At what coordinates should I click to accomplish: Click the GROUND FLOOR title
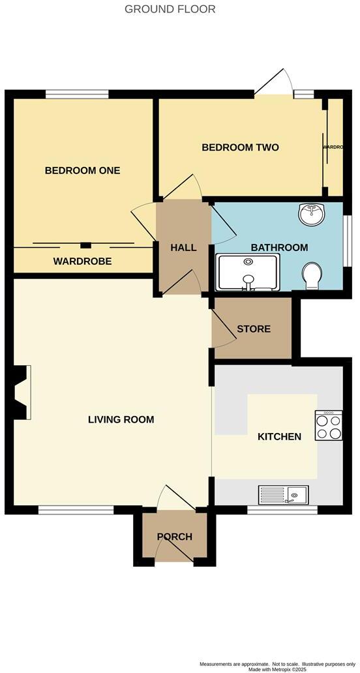pos(170,9)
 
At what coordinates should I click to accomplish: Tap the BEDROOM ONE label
pos(82,170)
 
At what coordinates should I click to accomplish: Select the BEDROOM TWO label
pos(240,147)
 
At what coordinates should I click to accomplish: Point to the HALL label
pos(183,248)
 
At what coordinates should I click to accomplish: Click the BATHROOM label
pos(279,248)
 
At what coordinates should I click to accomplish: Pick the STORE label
pos(254,329)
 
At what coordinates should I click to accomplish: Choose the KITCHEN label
pos(279,436)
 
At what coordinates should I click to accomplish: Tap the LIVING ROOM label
pos(121,419)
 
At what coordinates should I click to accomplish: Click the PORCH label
pos(175,537)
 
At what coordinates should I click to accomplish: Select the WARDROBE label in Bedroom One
pos(82,262)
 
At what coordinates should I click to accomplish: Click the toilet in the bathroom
pos(312,277)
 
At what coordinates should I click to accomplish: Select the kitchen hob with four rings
pos(329,426)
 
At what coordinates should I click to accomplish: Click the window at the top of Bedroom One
pos(77,95)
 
